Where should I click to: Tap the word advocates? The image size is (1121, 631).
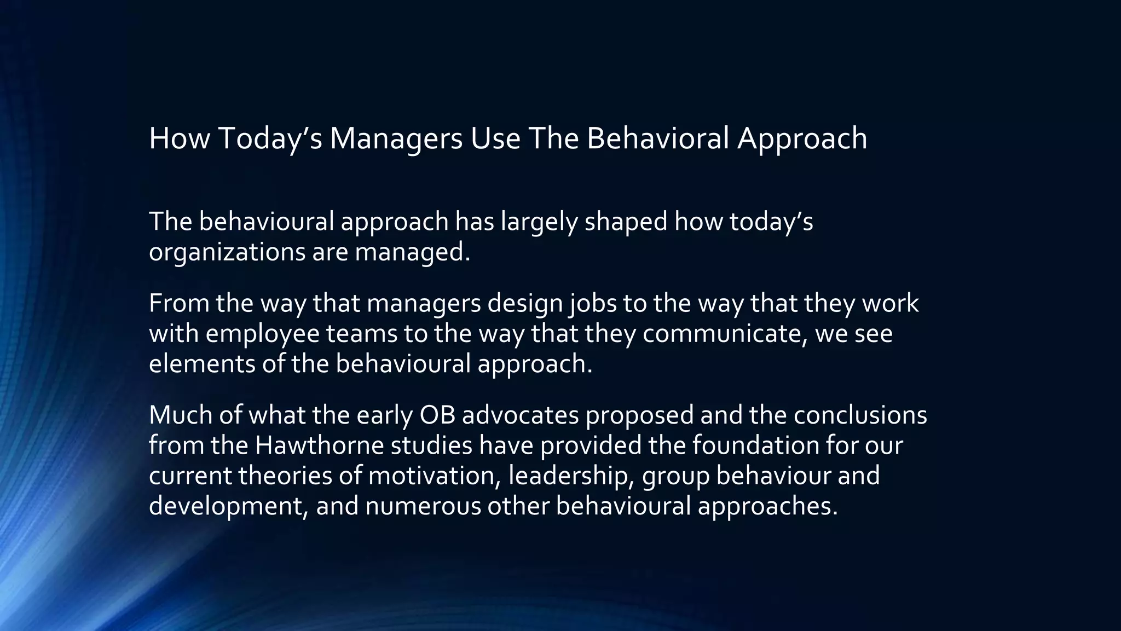(x=521, y=415)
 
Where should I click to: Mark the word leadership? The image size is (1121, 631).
(x=571, y=476)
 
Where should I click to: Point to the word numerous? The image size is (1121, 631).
(x=423, y=506)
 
